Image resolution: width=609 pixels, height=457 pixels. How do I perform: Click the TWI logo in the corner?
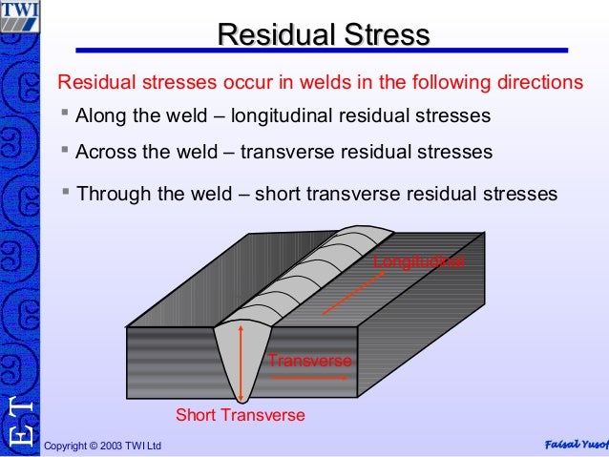click(20, 16)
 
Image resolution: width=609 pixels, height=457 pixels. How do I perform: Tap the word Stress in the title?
click(383, 35)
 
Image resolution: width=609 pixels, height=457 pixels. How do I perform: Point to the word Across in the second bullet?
click(107, 153)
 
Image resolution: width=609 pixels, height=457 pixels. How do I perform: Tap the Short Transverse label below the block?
click(241, 415)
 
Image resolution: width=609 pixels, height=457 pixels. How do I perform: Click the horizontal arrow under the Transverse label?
click(311, 377)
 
